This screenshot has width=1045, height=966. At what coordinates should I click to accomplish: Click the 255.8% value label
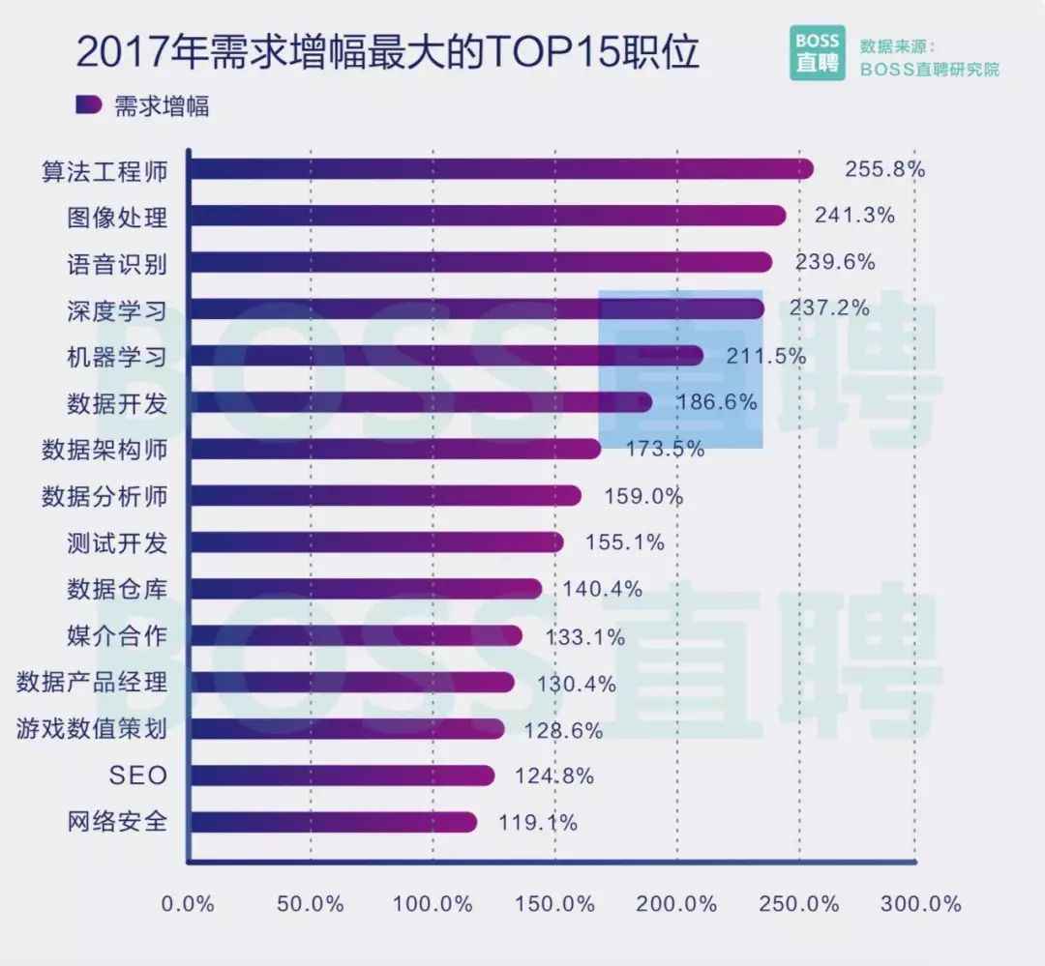(x=884, y=169)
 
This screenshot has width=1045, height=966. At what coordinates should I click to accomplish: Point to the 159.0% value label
(x=643, y=497)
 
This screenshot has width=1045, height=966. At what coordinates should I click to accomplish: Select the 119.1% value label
(x=538, y=823)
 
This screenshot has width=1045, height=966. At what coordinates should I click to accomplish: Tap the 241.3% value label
(x=854, y=216)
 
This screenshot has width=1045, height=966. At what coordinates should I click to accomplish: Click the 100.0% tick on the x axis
(x=433, y=904)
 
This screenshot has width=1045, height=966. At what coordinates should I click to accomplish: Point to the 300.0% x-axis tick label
(x=921, y=904)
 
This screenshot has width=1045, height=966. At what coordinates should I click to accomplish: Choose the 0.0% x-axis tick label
(x=187, y=904)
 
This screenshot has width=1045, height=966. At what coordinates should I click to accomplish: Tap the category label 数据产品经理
(x=92, y=683)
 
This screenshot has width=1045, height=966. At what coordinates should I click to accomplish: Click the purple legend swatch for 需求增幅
(x=88, y=104)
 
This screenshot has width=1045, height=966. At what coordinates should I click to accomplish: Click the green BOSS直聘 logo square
(x=818, y=53)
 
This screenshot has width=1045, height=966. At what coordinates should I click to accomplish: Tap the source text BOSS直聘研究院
(x=930, y=70)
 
